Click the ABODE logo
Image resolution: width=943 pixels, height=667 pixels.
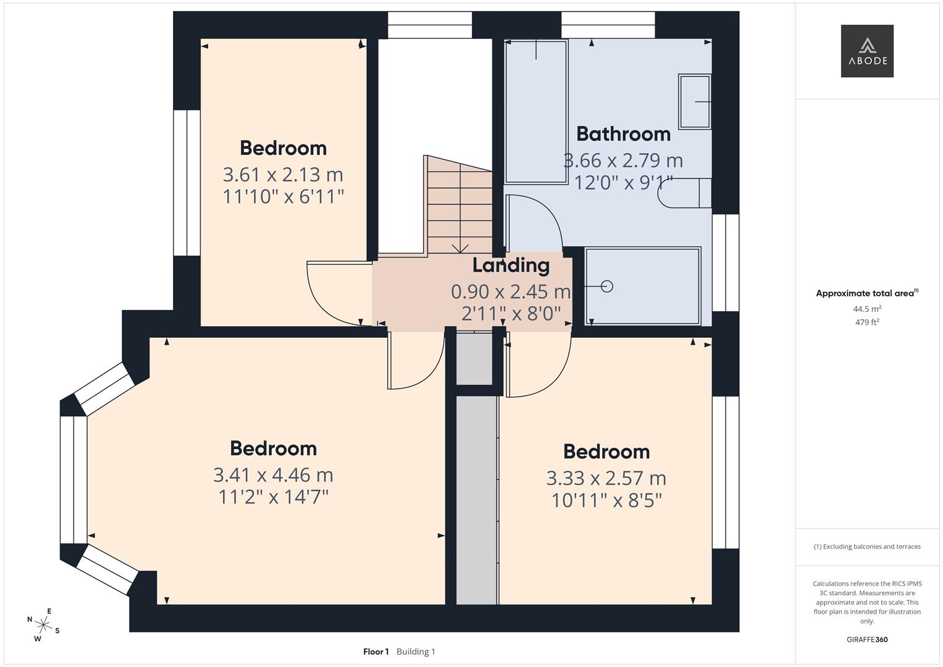pyautogui.click(x=867, y=51)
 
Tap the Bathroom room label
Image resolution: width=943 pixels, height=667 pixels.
pyautogui.click(x=623, y=134)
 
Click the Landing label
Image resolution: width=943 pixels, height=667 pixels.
pyautogui.click(x=511, y=266)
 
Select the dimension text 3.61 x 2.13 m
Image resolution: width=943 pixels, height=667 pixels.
pyautogui.click(x=283, y=175)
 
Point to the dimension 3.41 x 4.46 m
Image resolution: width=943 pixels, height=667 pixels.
pyautogui.click(x=273, y=475)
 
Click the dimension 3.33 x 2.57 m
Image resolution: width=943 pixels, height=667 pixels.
pyautogui.click(x=606, y=478)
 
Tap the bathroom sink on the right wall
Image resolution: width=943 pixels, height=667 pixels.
pyautogui.click(x=695, y=102)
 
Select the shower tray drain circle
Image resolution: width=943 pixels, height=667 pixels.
pyautogui.click(x=606, y=286)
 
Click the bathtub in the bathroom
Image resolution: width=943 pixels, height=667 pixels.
pyautogui.click(x=535, y=111)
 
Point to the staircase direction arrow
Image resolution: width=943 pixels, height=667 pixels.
pyautogui.click(x=459, y=248)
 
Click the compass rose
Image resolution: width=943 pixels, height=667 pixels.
pyautogui.click(x=43, y=624)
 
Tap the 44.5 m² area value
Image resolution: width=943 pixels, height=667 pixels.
pyautogui.click(x=867, y=309)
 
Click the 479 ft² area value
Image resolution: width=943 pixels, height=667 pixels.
pyautogui.click(x=867, y=322)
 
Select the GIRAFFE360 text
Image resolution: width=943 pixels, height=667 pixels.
pyautogui.click(x=867, y=640)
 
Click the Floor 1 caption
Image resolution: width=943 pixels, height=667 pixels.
pyautogui.click(x=375, y=652)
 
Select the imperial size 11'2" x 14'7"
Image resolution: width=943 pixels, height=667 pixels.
pyautogui.click(x=273, y=497)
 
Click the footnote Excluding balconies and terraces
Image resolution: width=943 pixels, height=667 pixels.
pyautogui.click(x=867, y=547)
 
